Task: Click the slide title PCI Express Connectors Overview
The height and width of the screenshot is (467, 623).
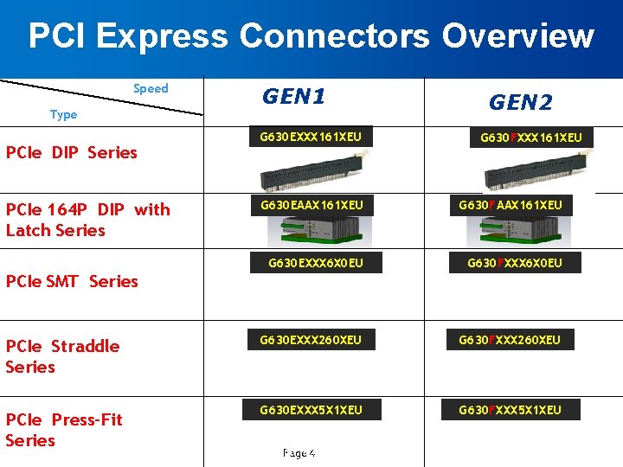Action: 311,36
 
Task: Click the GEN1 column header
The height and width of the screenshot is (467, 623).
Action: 293,96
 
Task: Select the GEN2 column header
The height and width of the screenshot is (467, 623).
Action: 520,103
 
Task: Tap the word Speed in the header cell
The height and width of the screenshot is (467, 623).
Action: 151,88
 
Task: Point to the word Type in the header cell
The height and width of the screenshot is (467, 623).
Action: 63,114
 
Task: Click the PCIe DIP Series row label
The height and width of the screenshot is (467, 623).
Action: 72,152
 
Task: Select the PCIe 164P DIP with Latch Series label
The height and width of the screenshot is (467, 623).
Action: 87,220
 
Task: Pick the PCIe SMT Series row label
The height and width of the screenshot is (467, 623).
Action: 72,281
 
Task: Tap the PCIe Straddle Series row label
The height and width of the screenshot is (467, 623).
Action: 62,356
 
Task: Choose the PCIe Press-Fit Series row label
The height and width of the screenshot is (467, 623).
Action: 64,430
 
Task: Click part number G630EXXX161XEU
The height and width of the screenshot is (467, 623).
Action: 311,137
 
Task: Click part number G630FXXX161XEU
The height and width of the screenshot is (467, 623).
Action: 531,138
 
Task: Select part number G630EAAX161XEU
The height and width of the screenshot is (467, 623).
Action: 311,205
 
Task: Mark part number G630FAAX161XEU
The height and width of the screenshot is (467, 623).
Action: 523,205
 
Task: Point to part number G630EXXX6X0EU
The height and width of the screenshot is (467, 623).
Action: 315,263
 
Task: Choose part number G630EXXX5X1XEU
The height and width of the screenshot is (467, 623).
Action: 311,409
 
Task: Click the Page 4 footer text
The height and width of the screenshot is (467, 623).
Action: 299,453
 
